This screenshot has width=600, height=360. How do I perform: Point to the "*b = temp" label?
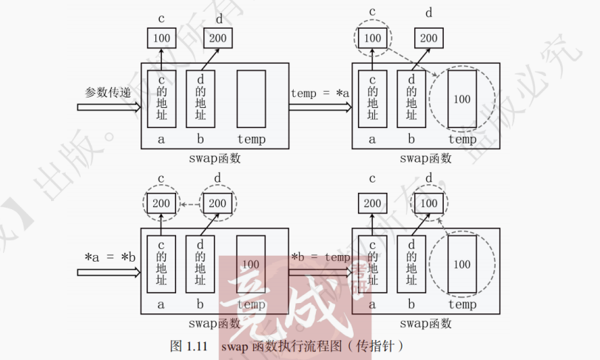click(x=320, y=257)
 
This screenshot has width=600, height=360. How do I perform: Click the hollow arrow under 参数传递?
click(x=109, y=107)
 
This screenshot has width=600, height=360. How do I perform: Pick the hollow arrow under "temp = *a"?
click(x=320, y=107)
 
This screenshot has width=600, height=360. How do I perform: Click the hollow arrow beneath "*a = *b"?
click(x=109, y=272)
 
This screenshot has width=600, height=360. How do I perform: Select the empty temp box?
click(x=250, y=99)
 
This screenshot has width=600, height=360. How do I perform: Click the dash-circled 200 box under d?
click(x=218, y=203)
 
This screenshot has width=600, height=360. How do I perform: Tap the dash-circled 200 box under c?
click(x=161, y=203)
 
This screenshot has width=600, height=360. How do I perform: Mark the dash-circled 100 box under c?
click(x=372, y=38)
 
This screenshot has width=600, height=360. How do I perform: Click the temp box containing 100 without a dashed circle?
click(x=251, y=264)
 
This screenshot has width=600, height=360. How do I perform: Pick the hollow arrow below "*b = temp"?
click(x=320, y=272)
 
